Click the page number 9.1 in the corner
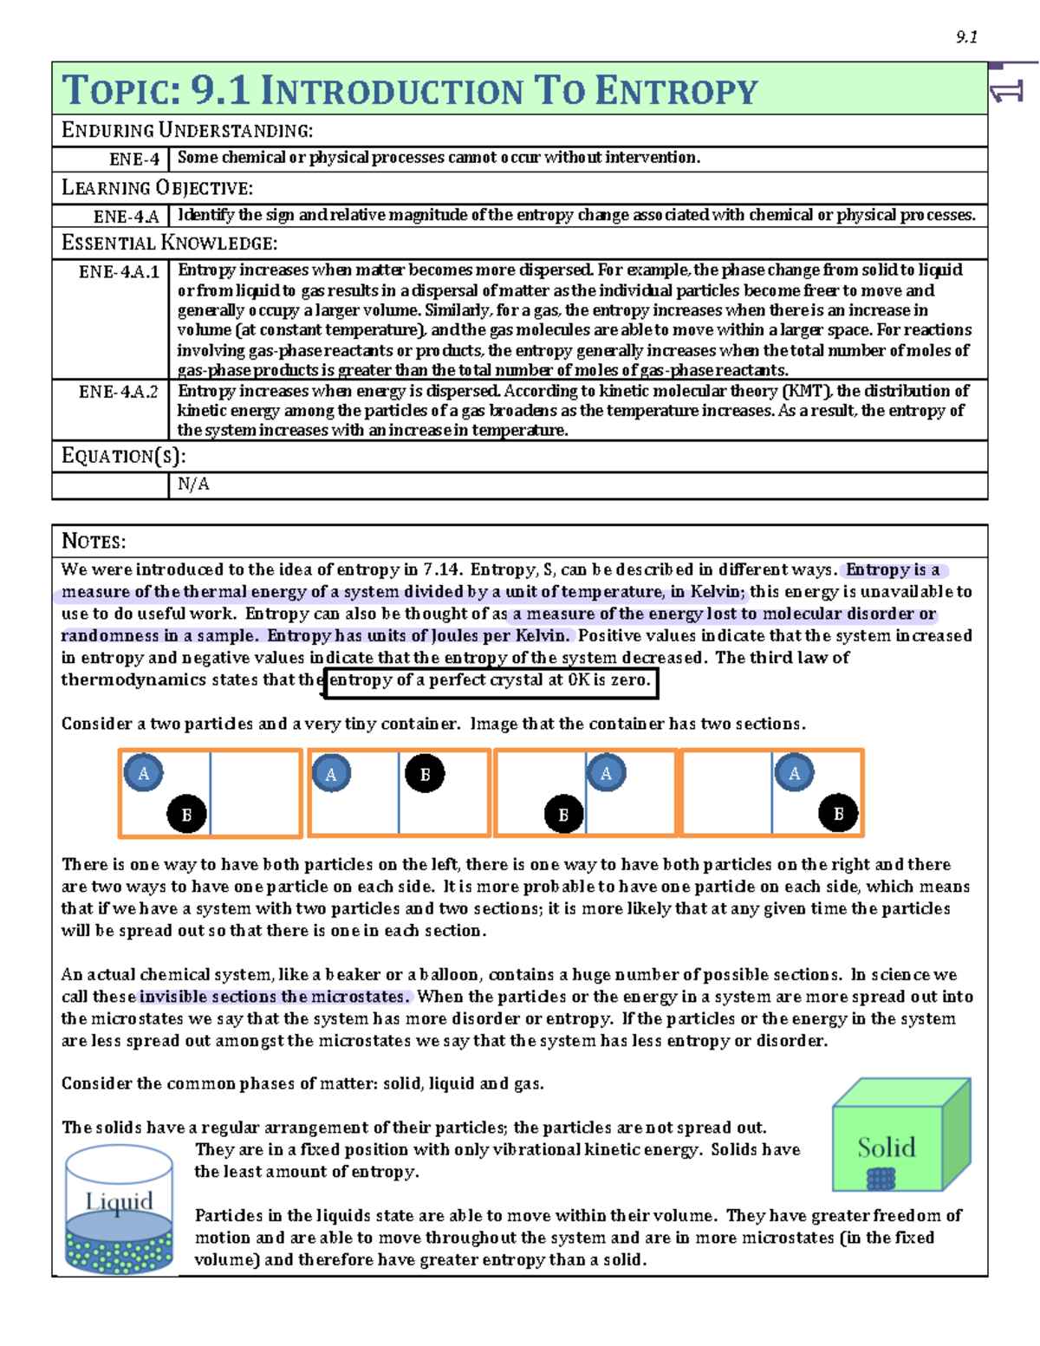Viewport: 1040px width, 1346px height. (966, 36)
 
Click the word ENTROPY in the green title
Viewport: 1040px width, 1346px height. (677, 91)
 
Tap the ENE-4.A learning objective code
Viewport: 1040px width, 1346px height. (127, 216)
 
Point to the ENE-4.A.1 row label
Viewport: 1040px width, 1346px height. (120, 272)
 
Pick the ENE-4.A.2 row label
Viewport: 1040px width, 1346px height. (119, 392)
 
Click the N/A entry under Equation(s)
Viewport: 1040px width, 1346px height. (193, 484)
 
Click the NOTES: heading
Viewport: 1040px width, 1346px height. (94, 542)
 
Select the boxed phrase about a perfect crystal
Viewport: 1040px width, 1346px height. (490, 680)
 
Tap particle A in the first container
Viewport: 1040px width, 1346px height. (144, 773)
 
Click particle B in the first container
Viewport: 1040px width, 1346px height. (186, 814)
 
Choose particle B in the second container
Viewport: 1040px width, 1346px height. (425, 774)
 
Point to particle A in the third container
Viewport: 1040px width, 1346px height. (606, 773)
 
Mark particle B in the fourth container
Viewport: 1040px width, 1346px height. (838, 813)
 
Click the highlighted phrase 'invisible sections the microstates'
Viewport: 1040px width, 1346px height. (274, 997)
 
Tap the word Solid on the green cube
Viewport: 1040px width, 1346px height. (886, 1148)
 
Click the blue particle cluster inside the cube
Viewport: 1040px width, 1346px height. (881, 1179)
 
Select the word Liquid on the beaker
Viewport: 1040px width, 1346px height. (119, 1201)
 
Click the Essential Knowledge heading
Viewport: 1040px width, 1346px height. (170, 244)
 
